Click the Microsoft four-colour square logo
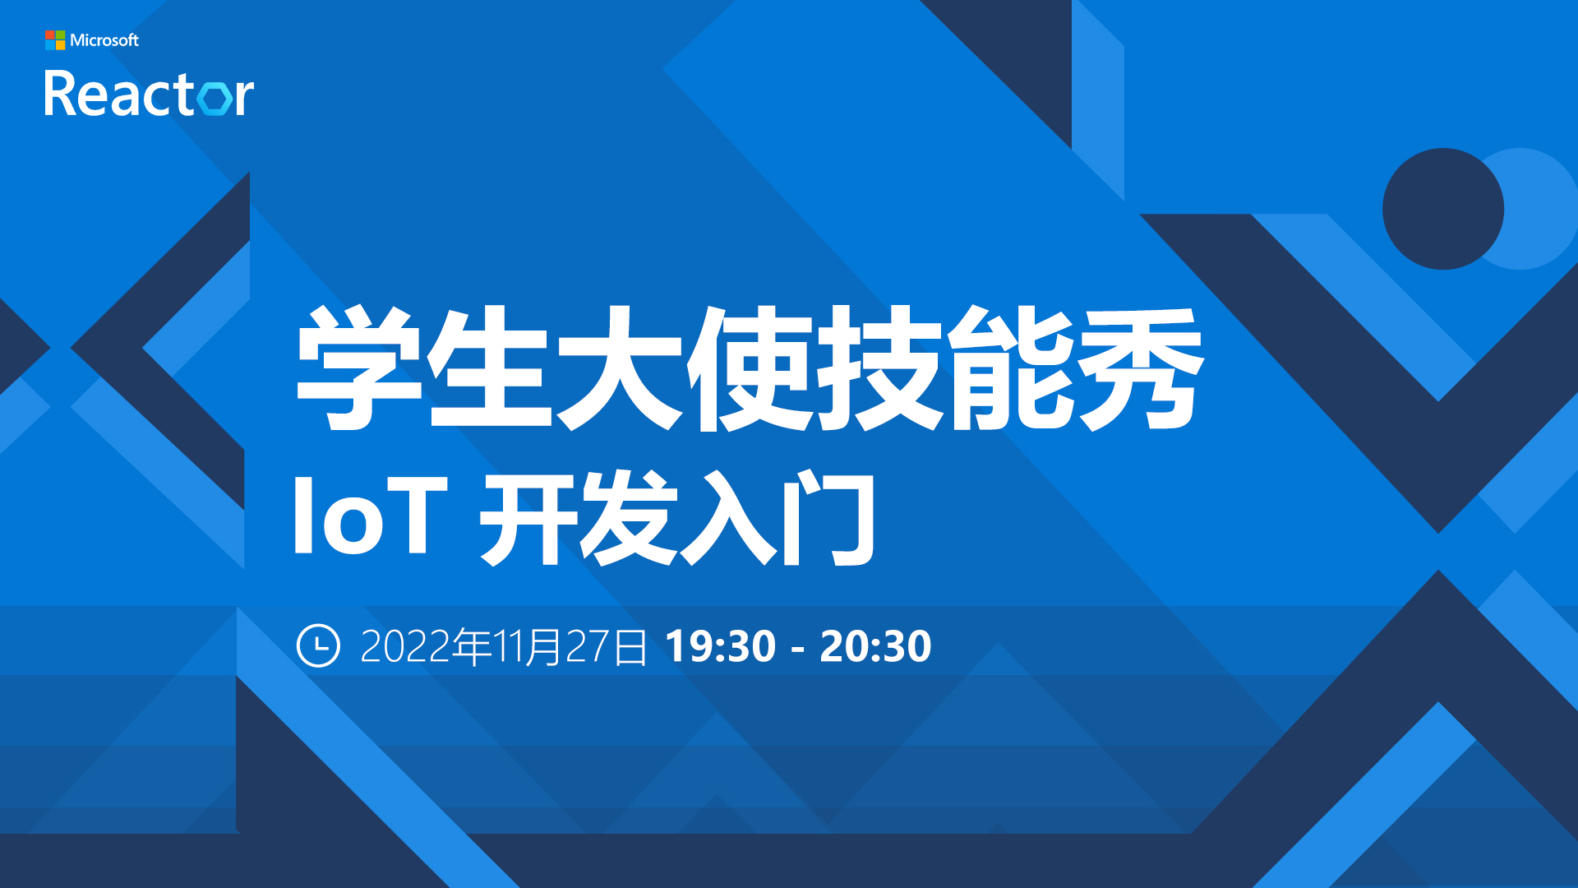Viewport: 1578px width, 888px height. point(55,40)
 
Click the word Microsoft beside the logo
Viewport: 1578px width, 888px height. point(104,40)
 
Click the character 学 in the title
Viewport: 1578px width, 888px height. point(359,368)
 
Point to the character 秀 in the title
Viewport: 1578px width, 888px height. point(1142,368)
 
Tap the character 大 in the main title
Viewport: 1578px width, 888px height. point(620,368)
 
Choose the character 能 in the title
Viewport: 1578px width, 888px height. point(1011,368)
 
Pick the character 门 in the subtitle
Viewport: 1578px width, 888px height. point(828,518)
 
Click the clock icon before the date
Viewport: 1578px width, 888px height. point(318,645)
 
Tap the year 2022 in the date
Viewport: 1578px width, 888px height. point(406,646)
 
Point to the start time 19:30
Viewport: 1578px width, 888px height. point(720,646)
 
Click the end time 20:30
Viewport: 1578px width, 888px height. point(875,646)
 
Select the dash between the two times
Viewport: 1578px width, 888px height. point(797,650)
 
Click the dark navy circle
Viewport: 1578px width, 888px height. point(1443,209)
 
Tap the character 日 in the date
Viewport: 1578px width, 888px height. point(630,647)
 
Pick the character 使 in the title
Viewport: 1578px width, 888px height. point(750,368)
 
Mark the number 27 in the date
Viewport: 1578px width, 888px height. point(588,646)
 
